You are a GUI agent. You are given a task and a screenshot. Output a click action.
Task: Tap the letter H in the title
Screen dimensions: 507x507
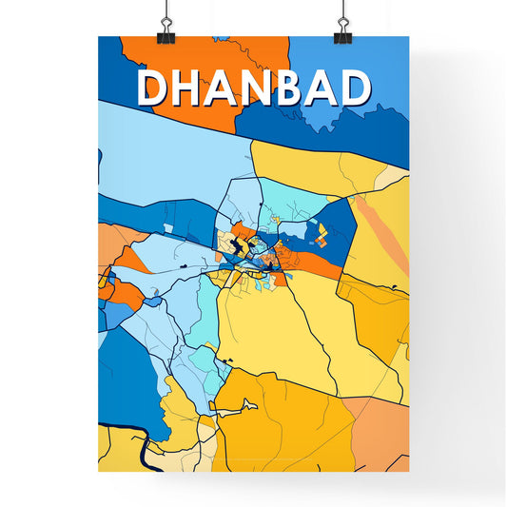tap(190, 88)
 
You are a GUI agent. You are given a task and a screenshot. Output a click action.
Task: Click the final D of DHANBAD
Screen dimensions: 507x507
tap(353, 88)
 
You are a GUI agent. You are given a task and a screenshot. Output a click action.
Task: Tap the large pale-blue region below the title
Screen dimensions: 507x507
tap(162, 152)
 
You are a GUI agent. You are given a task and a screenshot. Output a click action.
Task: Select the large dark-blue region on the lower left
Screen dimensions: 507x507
tap(128, 380)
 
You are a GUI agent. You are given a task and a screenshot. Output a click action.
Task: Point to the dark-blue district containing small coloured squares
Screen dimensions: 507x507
tap(333, 228)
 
